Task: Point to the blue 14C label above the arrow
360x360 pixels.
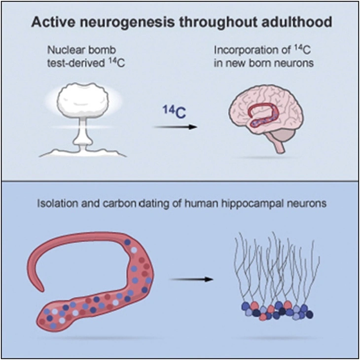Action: (x=174, y=112)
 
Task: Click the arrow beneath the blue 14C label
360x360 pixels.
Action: (x=176, y=127)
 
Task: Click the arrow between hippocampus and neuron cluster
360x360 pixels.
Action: (x=192, y=280)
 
